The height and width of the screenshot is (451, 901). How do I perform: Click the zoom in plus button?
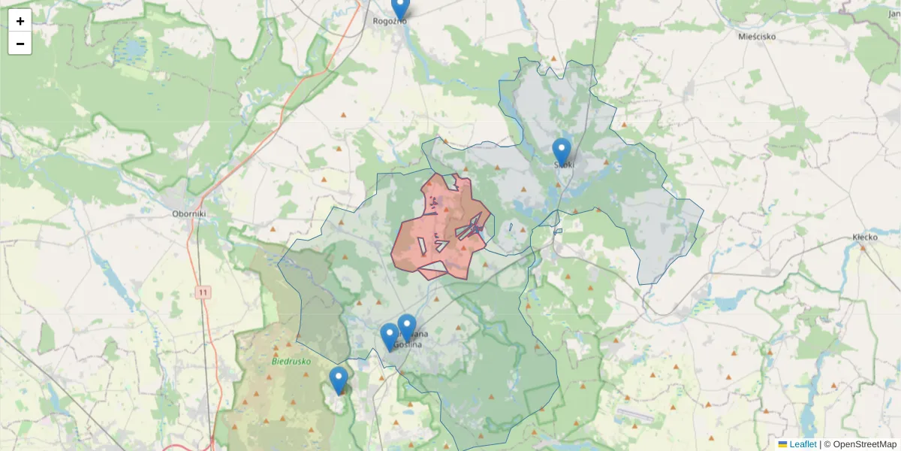(x=20, y=21)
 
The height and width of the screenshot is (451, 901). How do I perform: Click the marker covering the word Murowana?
(x=407, y=328)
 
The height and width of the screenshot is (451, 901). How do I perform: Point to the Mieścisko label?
(x=757, y=36)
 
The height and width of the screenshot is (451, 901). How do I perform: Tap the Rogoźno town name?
(x=390, y=21)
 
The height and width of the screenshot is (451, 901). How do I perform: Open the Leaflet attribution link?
(x=803, y=444)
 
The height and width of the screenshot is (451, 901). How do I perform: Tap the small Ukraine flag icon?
(x=782, y=444)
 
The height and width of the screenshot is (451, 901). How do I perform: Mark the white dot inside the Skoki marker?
(x=562, y=148)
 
